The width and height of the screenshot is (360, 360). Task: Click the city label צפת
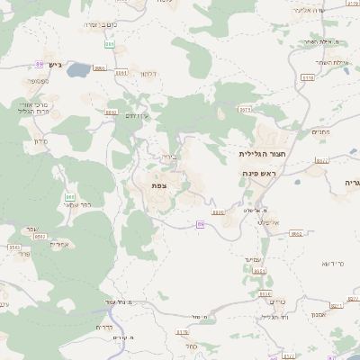[x=158, y=184]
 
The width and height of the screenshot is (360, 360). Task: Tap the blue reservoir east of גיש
[x=79, y=68]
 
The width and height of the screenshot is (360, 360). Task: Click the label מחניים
[x=320, y=131]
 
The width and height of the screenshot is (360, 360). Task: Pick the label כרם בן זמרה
[x=99, y=25]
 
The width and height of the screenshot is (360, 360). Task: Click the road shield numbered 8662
[x=296, y=232]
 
